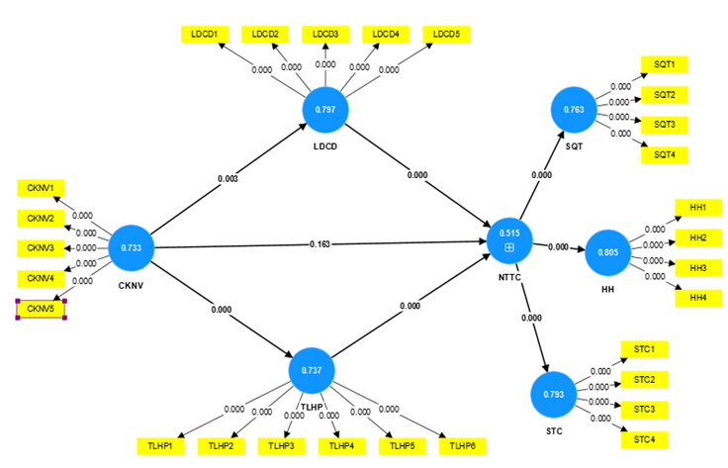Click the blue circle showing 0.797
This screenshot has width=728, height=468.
(325, 110)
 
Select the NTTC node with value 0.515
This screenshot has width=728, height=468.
(509, 241)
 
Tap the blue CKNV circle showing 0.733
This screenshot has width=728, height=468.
(132, 248)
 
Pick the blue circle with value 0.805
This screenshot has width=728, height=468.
(607, 252)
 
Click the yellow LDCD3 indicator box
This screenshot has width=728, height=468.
(325, 35)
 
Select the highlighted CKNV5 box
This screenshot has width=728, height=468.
(41, 309)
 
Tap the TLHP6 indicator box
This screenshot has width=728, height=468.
(463, 446)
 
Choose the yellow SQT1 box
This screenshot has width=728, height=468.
(665, 64)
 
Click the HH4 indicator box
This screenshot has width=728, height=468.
(698, 298)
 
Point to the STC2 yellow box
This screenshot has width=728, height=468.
(645, 380)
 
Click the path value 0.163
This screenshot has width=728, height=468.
(319, 244)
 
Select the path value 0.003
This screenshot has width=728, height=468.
(227, 179)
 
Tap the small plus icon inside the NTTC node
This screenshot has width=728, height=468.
(509, 248)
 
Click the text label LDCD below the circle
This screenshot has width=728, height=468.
(325, 146)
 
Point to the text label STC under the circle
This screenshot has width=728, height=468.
(554, 431)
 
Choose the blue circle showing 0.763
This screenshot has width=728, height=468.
(574, 110)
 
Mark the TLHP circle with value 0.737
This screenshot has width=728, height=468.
(312, 370)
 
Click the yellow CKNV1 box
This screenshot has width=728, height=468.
(41, 188)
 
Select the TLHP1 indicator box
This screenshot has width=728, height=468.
(160, 446)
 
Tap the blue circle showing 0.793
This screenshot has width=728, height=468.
(554, 395)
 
